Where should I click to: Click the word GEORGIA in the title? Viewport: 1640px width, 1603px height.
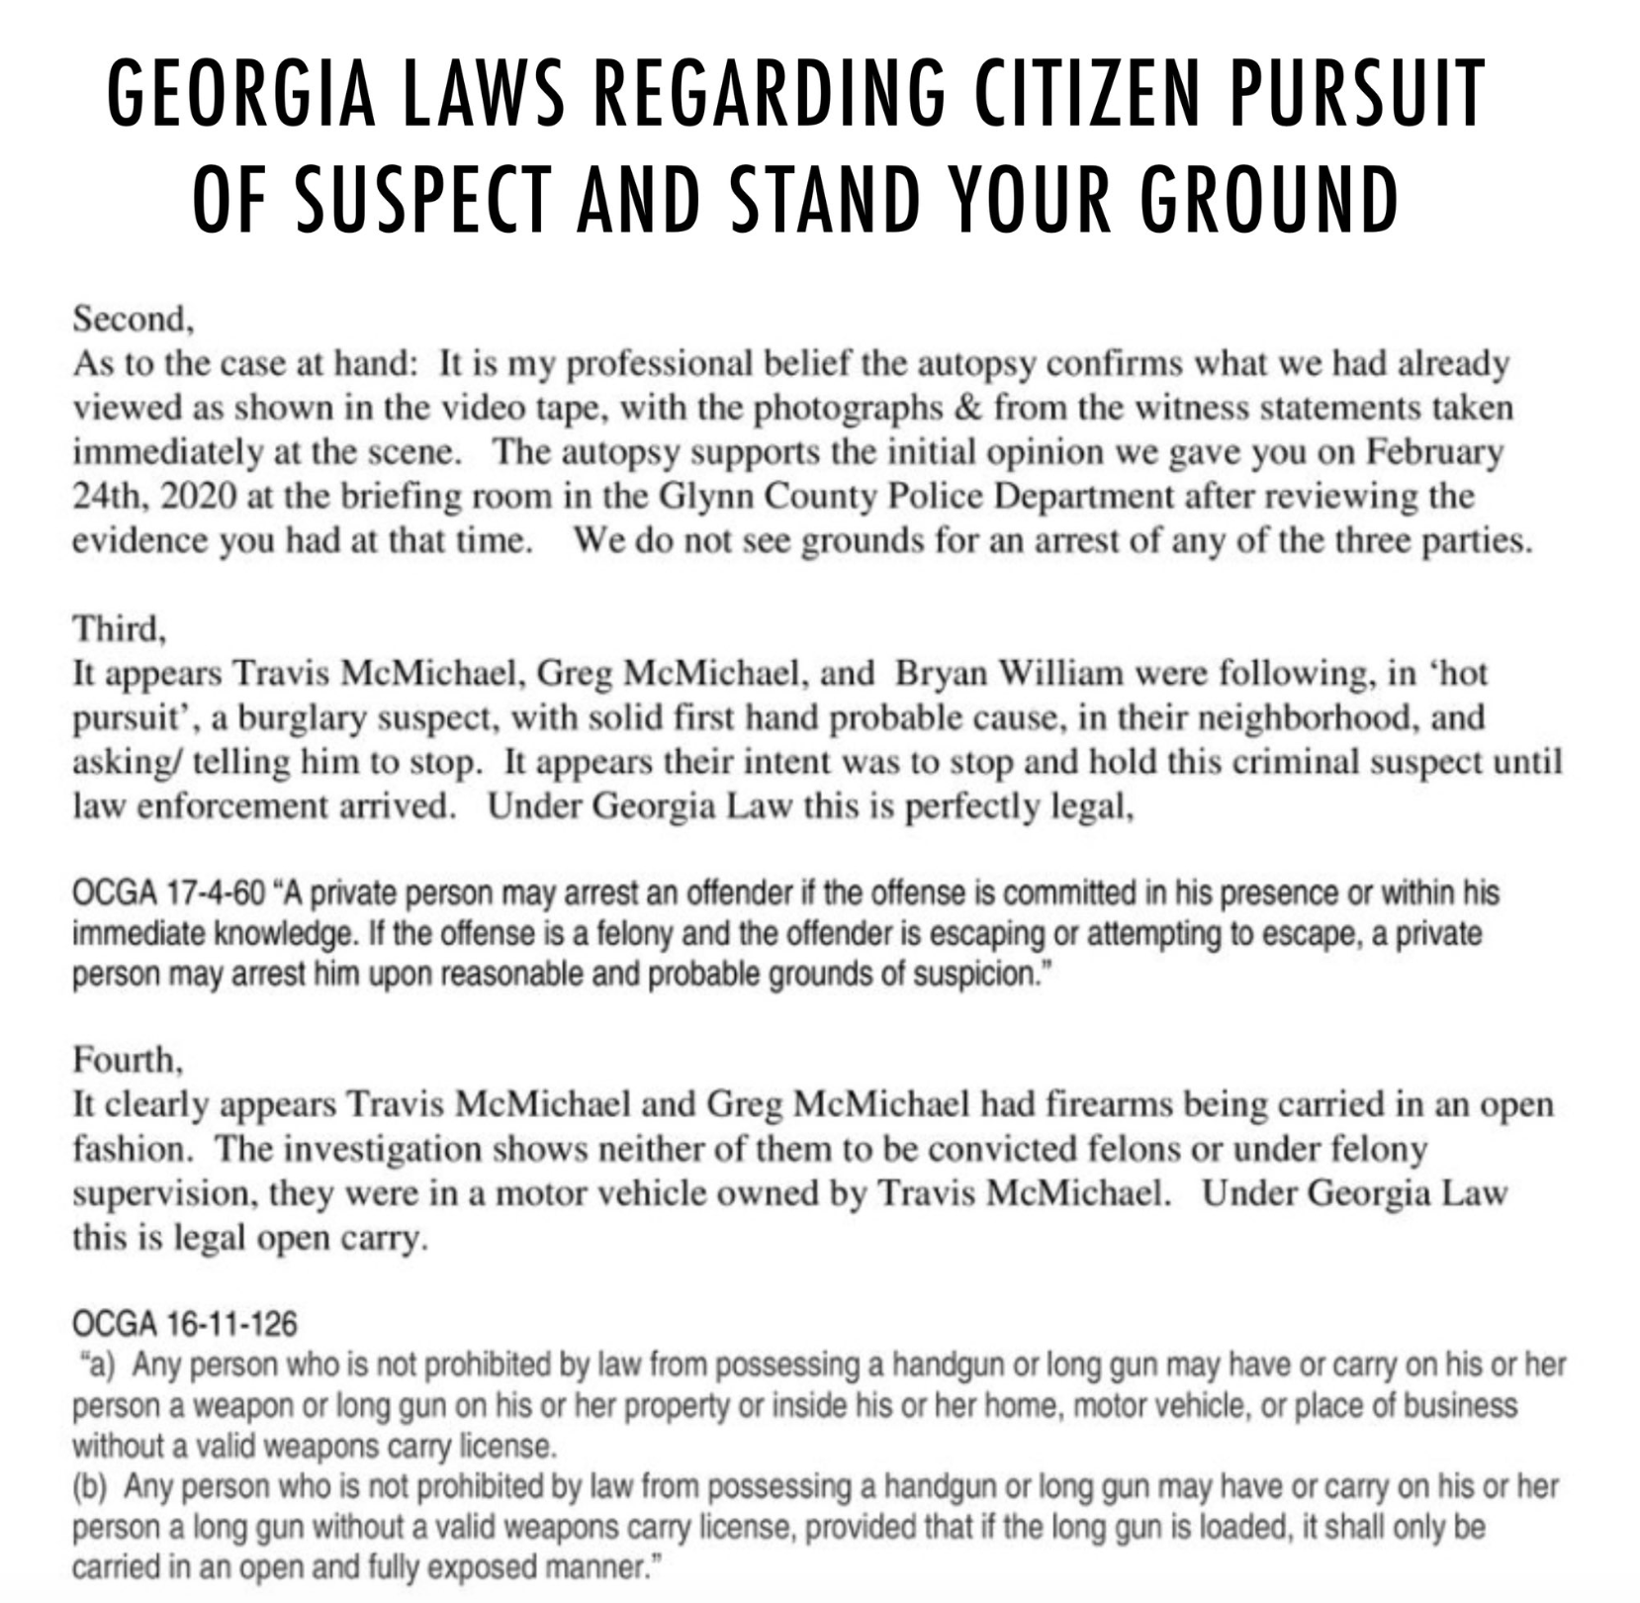point(241,93)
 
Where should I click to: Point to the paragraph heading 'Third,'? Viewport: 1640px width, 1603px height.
point(120,629)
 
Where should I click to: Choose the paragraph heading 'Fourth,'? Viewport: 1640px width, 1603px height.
point(128,1061)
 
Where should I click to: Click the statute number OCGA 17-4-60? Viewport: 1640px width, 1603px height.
point(169,894)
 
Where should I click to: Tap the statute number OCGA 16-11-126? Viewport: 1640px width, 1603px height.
point(185,1324)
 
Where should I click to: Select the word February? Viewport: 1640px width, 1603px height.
point(1434,452)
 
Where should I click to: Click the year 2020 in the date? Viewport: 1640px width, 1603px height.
point(198,497)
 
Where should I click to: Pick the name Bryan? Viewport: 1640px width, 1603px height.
point(941,674)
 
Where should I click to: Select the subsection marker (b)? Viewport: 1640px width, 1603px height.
point(92,1487)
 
